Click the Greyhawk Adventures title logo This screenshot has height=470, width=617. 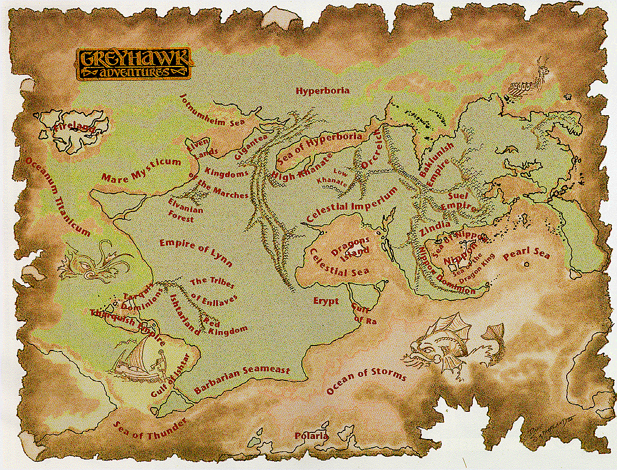[134, 64]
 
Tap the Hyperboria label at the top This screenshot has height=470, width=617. [322, 90]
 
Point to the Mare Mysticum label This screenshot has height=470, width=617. [141, 170]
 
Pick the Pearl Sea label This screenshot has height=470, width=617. [526, 255]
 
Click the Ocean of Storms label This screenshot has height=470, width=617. [366, 381]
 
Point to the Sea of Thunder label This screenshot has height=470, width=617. [150, 428]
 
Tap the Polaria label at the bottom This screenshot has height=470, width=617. [312, 436]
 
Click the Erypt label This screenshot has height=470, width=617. [326, 301]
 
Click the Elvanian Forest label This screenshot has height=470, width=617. [185, 214]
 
